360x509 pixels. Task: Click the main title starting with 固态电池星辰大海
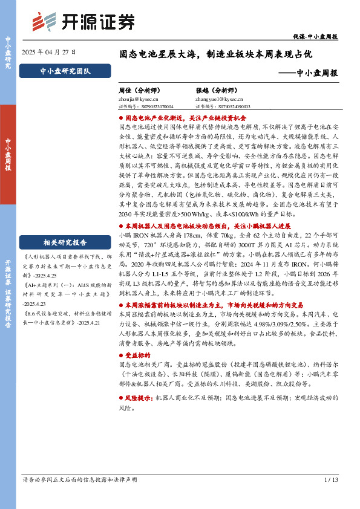point(215,54)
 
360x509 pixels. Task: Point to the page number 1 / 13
point(331,481)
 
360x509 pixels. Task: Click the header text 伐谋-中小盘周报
point(319,36)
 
